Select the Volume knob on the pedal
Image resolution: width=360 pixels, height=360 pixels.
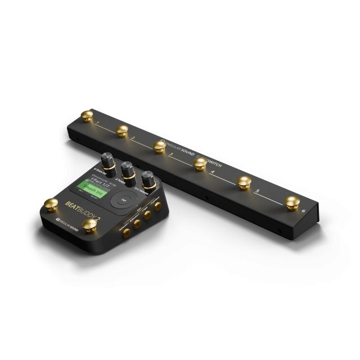coord(148,179)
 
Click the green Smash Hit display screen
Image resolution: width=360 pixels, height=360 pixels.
coord(92,191)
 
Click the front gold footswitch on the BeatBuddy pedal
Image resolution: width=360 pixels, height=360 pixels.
coord(89,226)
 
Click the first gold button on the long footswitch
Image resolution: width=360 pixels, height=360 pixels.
coord(87,116)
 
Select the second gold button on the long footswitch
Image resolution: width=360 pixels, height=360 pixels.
coord(122,130)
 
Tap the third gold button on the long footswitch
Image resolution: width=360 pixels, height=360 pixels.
coord(160,146)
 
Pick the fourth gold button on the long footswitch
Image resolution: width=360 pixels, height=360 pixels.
coord(200,163)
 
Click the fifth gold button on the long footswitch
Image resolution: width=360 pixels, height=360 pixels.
coord(244,182)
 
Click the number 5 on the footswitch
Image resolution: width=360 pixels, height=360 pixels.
coord(258,192)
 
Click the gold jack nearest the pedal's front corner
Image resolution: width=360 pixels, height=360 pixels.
coord(127,231)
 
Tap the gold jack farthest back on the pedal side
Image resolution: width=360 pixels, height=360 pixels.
coord(158,206)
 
